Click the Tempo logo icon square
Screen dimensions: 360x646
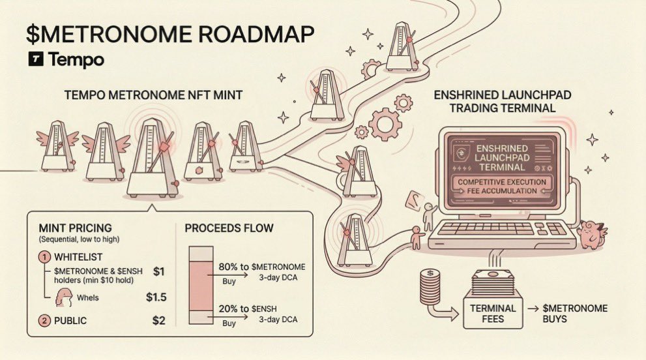click(36, 59)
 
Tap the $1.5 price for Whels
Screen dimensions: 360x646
click(156, 297)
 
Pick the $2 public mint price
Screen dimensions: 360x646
click(158, 320)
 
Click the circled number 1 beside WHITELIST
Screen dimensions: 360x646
click(45, 256)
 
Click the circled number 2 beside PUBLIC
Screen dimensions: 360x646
click(45, 320)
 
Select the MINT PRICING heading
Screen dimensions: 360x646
click(75, 228)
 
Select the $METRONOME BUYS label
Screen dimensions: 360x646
click(575, 314)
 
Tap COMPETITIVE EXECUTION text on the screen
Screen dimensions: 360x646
click(501, 181)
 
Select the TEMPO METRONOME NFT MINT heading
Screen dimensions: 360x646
click(153, 95)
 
